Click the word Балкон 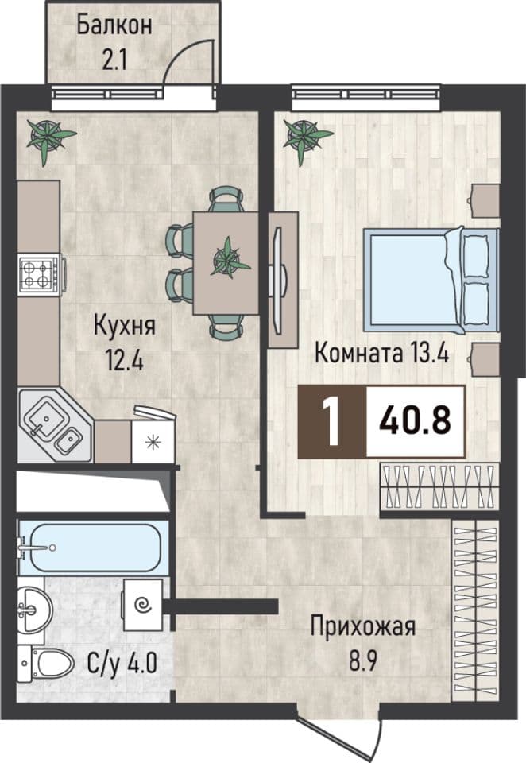pos(114,25)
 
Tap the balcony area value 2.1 pos(114,61)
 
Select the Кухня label pos(125,326)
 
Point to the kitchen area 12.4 pos(124,361)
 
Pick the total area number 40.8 pos(415,421)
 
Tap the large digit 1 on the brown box pos(333,421)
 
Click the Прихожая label pos(363,628)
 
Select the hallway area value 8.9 pos(363,662)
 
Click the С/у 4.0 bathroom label pos(122,663)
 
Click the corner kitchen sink pos(55,424)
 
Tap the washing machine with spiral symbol pos(143,605)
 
